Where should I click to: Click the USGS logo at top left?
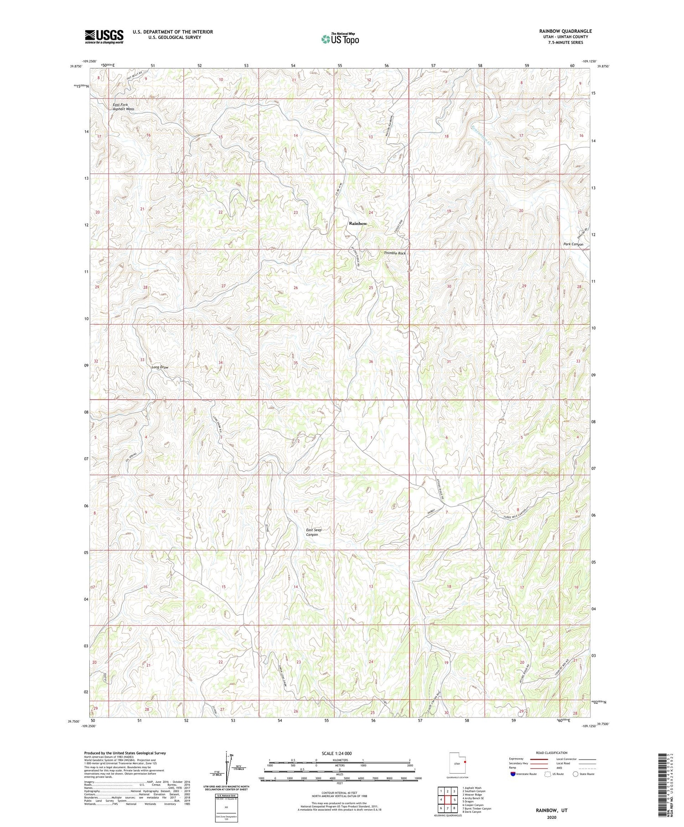[104, 36]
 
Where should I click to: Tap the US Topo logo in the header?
[340, 39]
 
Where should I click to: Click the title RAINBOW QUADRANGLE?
[565, 31]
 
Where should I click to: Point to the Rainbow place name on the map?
[358, 224]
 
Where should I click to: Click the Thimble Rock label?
[394, 253]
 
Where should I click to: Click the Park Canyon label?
[573, 244]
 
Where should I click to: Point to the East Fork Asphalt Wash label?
[124, 107]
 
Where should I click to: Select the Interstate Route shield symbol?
[513, 774]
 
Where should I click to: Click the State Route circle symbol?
[576, 774]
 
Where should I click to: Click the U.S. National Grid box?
[226, 806]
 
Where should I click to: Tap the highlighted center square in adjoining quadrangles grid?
[448, 800]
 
